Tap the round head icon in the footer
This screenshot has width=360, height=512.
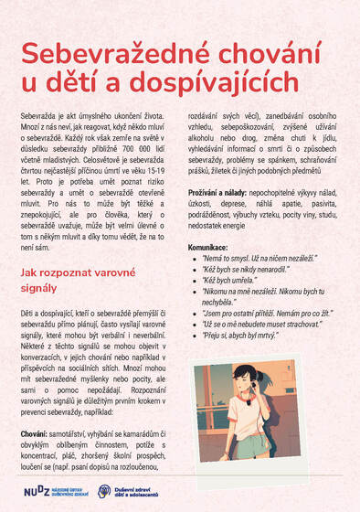point(104,491)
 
